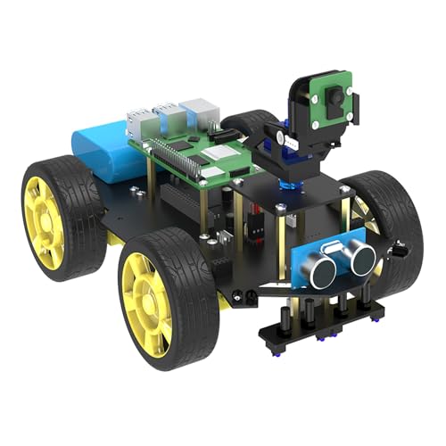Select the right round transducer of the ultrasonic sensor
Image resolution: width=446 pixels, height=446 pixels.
[361, 257]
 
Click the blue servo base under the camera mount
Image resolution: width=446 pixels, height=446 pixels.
[287, 184]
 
